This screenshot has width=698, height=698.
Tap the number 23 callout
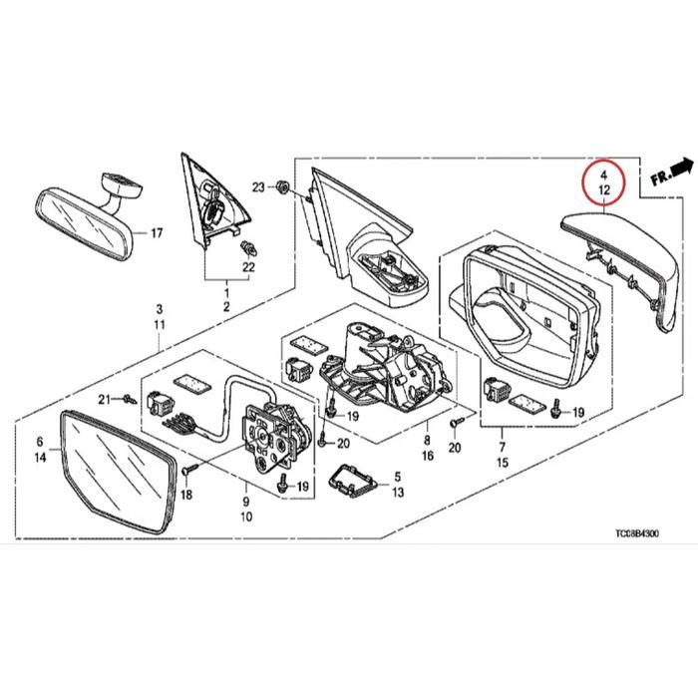pyautogui.click(x=258, y=186)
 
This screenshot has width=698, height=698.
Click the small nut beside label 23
pyautogui.click(x=282, y=186)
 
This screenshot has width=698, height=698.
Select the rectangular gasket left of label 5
pyautogui.click(x=350, y=480)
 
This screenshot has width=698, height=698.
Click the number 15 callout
pyautogui.click(x=502, y=463)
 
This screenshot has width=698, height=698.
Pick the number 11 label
pyautogui.click(x=159, y=326)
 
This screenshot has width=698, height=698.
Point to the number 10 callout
pyautogui.click(x=247, y=517)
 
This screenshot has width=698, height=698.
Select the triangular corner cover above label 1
pyautogui.click(x=209, y=204)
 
